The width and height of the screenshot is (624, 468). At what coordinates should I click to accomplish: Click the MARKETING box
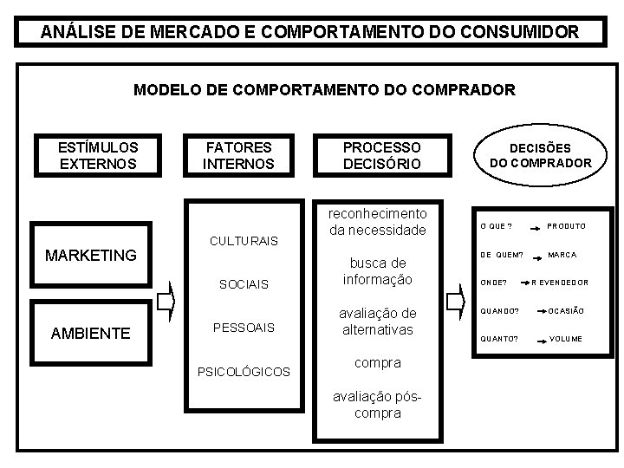click(x=91, y=255)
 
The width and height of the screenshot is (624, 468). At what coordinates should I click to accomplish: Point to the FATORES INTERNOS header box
click(x=238, y=155)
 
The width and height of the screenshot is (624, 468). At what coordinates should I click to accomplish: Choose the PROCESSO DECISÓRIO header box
click(x=381, y=155)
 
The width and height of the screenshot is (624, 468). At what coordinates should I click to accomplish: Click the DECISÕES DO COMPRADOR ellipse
click(x=540, y=155)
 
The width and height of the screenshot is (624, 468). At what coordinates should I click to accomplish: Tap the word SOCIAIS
click(x=244, y=284)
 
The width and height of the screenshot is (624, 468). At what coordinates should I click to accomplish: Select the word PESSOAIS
click(x=244, y=328)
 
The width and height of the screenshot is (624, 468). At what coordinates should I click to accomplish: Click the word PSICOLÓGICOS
click(x=244, y=372)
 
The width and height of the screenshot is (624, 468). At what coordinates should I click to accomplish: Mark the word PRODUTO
click(x=566, y=226)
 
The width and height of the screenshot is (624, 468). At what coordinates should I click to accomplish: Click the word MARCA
click(x=562, y=255)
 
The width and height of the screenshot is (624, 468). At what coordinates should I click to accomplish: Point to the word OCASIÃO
click(x=566, y=311)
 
